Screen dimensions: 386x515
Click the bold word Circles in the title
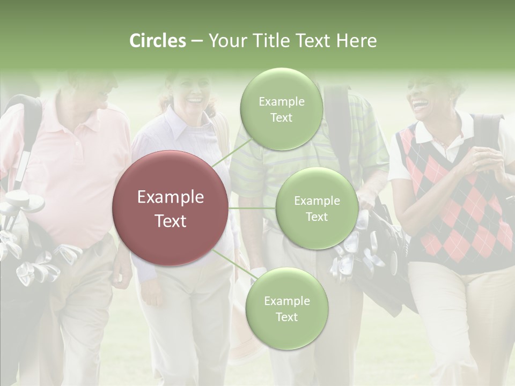point(158,41)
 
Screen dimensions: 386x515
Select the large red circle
point(170,208)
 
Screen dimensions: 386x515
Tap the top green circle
point(281,109)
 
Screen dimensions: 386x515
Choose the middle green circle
point(317,208)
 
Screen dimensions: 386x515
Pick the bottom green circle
point(286,308)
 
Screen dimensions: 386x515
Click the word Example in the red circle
point(170,197)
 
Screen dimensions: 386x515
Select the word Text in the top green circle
point(281,118)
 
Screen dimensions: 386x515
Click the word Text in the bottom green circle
point(286,317)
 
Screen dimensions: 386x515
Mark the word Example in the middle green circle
point(317,201)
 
